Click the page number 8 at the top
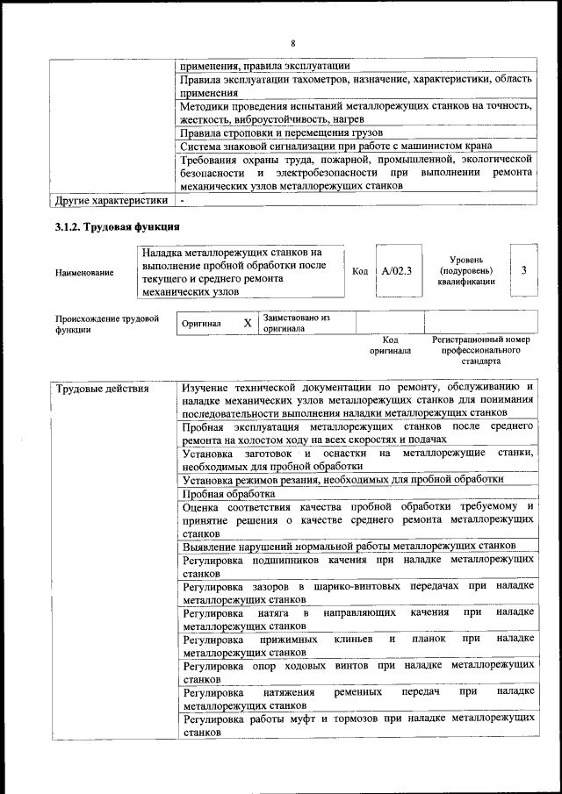(293, 43)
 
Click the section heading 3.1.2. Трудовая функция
(112, 228)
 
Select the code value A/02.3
(397, 271)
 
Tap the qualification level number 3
(523, 270)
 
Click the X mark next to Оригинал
(248, 323)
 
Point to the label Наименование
(84, 272)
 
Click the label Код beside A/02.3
(360, 271)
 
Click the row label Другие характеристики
(111, 201)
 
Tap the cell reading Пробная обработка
(216, 493)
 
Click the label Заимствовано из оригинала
(296, 323)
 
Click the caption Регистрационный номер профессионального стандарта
(481, 349)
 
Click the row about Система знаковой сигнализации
(335, 146)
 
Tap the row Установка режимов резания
(342, 479)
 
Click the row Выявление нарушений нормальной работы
(348, 546)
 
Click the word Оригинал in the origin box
(200, 323)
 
